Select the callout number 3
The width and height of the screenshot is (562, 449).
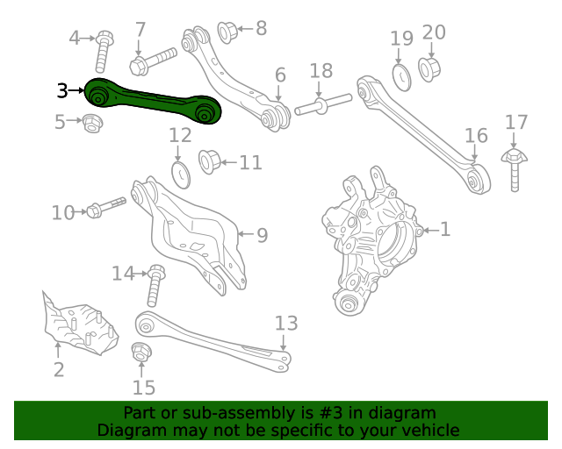tap(61, 90)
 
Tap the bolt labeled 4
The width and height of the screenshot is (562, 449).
tap(102, 50)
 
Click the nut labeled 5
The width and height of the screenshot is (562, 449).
tap(92, 124)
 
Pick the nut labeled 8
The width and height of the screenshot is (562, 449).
tap(227, 32)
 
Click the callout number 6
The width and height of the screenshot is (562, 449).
tap(279, 75)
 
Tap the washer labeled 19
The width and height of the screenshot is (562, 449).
tap(400, 77)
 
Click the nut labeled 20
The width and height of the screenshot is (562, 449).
tap(430, 67)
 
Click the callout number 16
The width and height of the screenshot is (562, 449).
tap(475, 135)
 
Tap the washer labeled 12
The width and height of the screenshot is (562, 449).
tap(179, 173)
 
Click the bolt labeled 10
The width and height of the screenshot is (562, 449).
tap(104, 209)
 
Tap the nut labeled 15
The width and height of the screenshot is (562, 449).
tap(140, 354)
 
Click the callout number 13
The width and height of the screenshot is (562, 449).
tap(286, 323)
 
